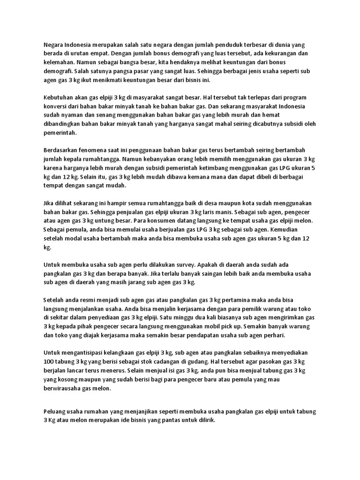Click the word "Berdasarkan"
tap(62, 150)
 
